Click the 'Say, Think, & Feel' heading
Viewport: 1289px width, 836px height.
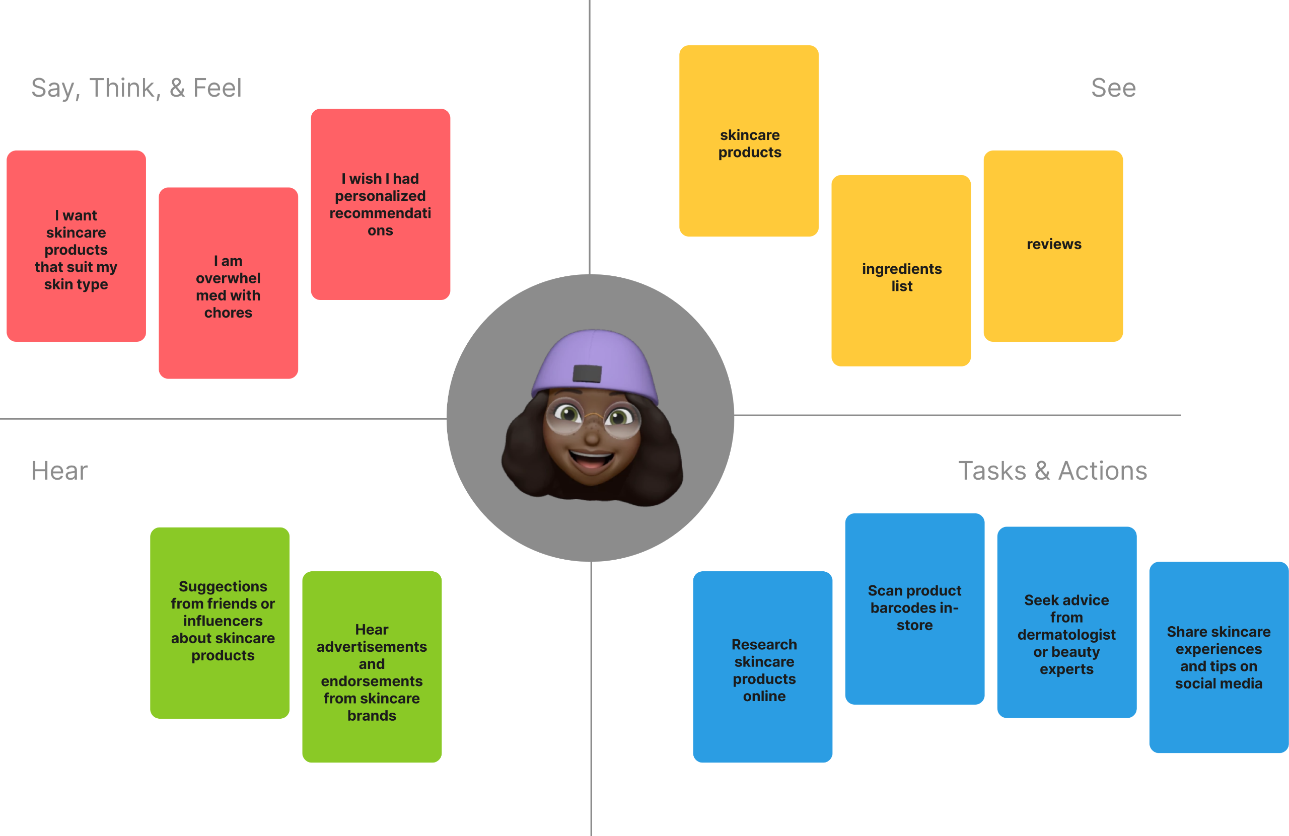136,88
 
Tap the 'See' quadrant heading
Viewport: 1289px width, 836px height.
1113,88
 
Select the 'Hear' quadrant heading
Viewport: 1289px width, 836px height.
59,471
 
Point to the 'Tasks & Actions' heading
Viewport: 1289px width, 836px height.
1052,471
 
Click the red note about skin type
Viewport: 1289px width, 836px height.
77,246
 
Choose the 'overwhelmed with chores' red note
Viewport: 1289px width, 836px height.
228,283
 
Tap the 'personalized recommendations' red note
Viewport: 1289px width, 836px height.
380,204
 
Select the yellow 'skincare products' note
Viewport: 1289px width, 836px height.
749,141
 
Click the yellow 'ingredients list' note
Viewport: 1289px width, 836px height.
901,271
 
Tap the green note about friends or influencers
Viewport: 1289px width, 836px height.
220,623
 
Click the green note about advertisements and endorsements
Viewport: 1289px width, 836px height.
372,667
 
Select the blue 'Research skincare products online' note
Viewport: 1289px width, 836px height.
762,667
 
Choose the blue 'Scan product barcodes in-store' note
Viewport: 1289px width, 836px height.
914,609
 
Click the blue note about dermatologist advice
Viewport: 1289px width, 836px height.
1066,623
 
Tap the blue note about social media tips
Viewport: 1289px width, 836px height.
1219,657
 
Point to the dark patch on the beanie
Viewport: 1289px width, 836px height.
587,373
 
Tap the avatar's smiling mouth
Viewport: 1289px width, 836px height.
592,460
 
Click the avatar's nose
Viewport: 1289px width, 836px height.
592,435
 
